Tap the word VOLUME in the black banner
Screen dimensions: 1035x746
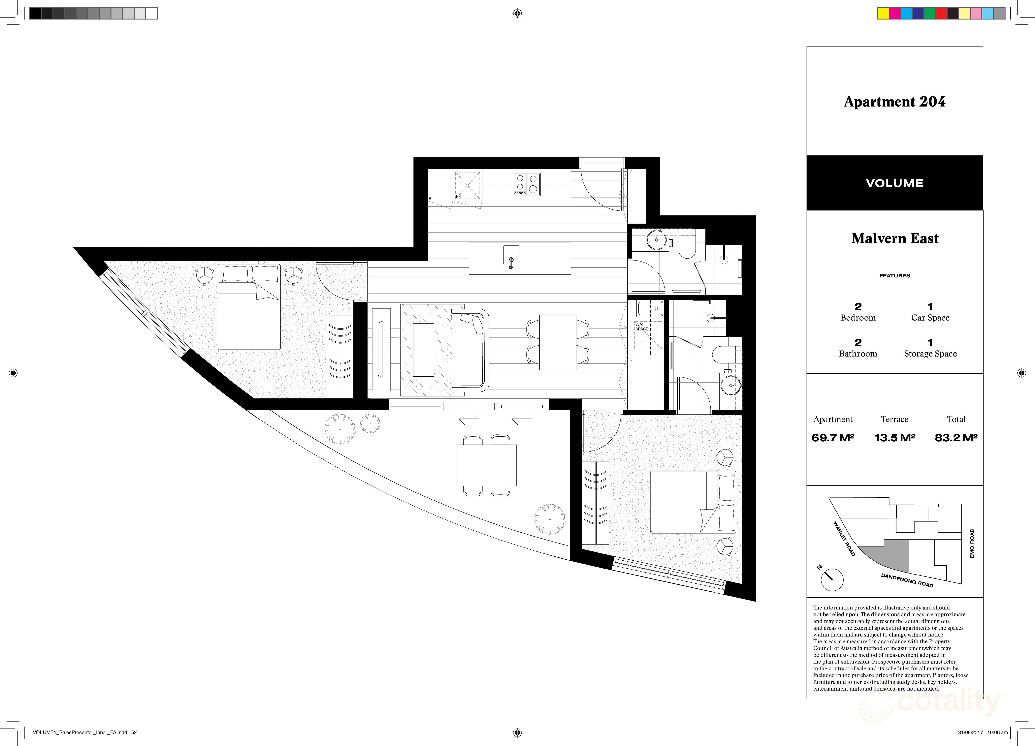tap(894, 183)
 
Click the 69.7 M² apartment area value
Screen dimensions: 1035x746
tap(833, 438)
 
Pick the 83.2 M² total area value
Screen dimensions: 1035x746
tap(956, 438)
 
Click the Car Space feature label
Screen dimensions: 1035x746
tap(930, 318)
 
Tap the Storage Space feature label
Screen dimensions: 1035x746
tap(930, 354)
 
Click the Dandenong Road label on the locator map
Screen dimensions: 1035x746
tap(907, 580)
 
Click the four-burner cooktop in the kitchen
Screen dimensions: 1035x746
tap(526, 184)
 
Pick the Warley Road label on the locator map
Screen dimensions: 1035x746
tap(844, 539)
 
